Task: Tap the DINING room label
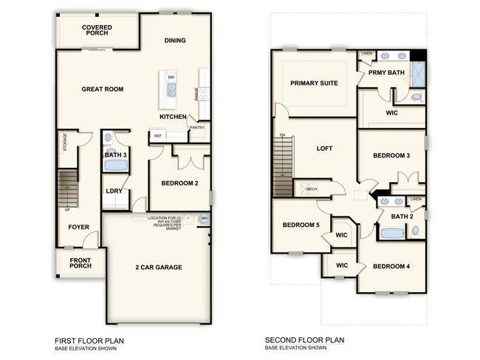(x=175, y=41)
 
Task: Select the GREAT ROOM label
(x=102, y=89)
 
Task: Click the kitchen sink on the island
(x=171, y=90)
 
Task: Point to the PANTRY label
(x=196, y=127)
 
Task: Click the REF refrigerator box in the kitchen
(x=157, y=136)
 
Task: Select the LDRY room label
(x=114, y=191)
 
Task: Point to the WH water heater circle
(x=205, y=219)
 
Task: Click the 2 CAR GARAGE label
(x=158, y=267)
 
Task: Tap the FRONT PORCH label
(x=81, y=264)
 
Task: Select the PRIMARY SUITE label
(x=314, y=84)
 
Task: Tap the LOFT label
(x=325, y=148)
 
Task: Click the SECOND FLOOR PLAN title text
(x=305, y=341)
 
